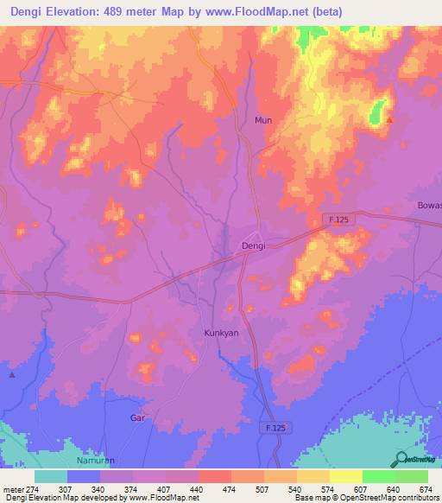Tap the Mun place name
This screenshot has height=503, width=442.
pos(263,120)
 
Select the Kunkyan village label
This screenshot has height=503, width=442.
pos(220,333)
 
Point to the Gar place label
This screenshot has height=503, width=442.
pos(136,417)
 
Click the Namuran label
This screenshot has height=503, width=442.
pos(95,462)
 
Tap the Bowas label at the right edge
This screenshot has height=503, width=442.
pos(429,206)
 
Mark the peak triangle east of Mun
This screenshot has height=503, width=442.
pos(389,120)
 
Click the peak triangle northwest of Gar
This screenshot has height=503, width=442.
pos(12,375)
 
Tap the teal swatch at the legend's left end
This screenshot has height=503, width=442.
pos(51,476)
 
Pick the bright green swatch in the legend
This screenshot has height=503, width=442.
pos(379,476)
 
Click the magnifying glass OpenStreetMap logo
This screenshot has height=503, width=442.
pos(402,459)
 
